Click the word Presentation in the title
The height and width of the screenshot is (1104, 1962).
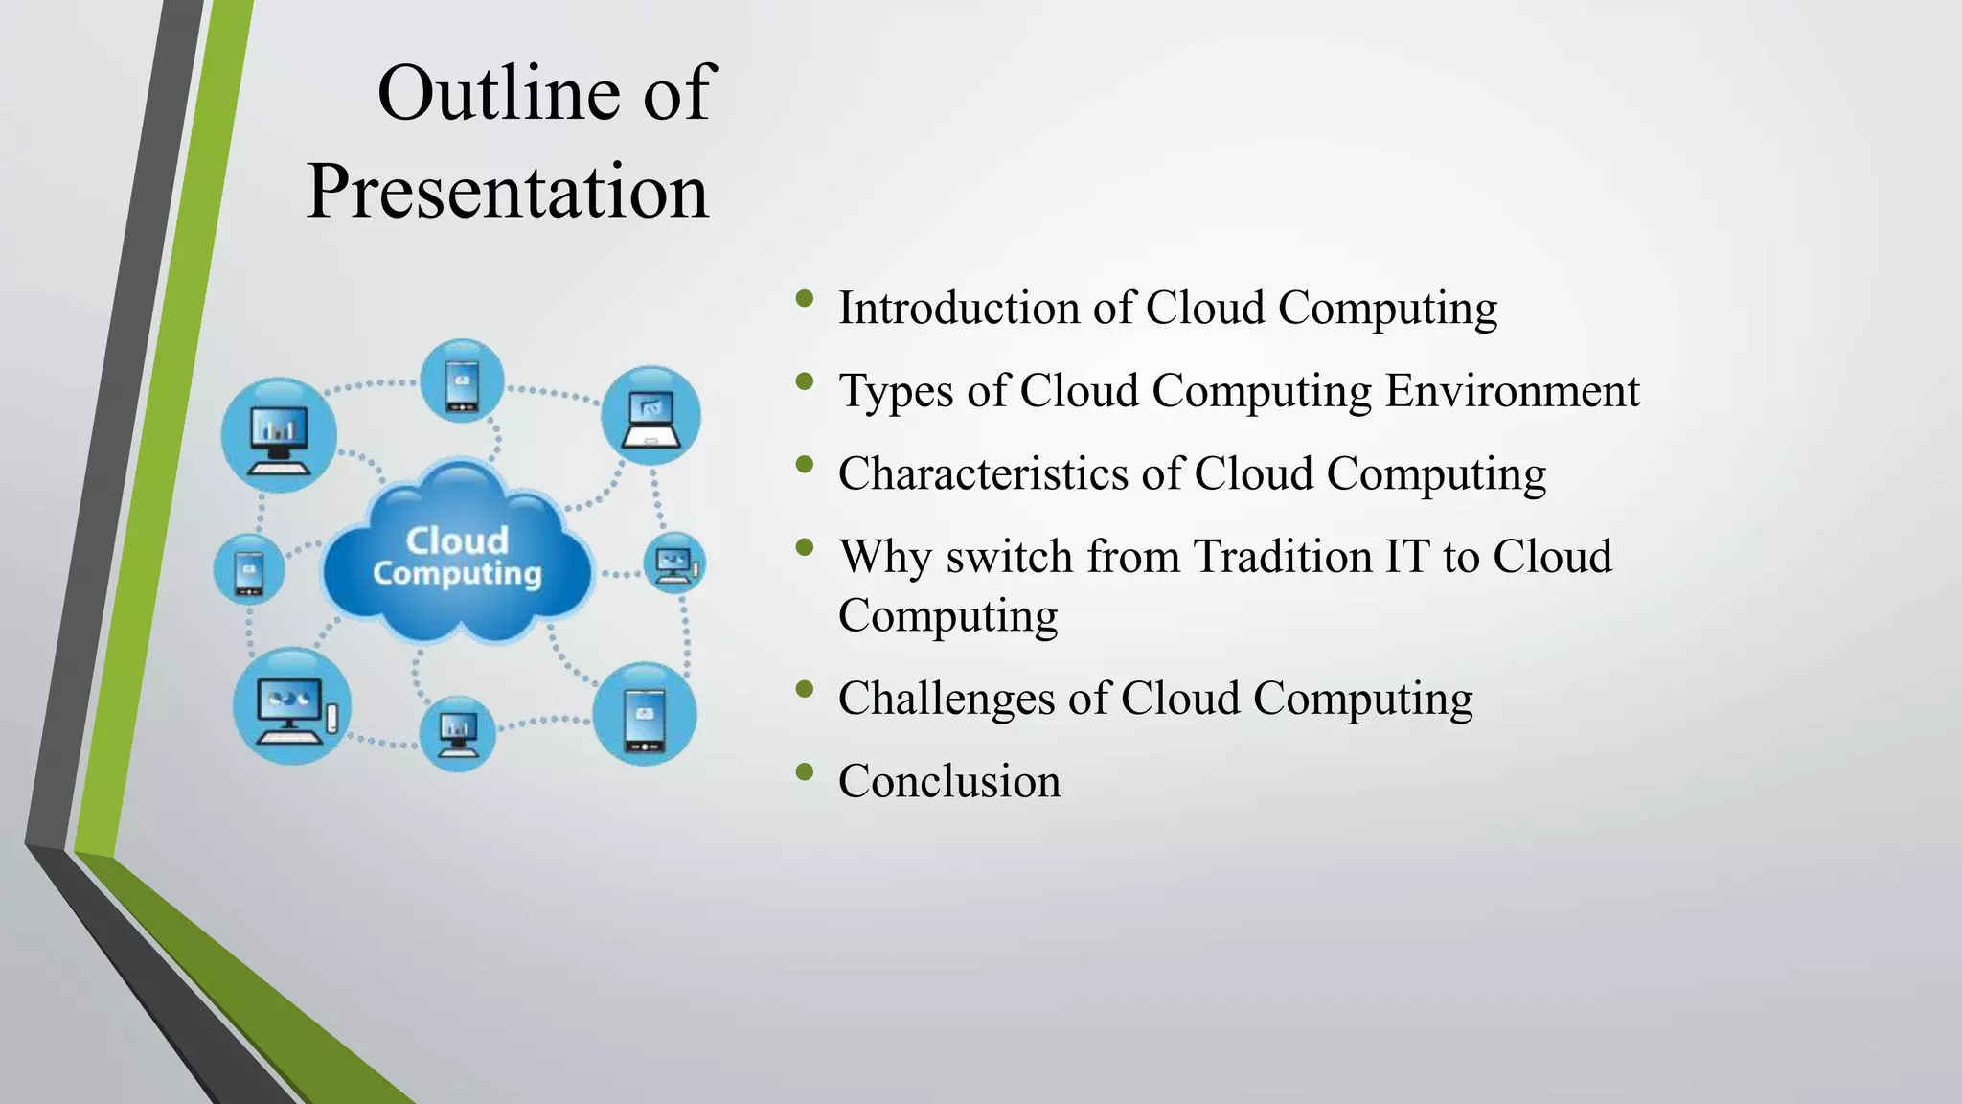tap(508, 192)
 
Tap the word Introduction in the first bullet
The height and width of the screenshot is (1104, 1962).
tap(959, 309)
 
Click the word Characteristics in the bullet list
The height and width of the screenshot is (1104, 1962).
tap(983, 474)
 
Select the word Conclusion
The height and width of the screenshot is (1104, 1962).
tap(949, 781)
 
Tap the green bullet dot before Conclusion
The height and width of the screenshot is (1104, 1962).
tap(804, 771)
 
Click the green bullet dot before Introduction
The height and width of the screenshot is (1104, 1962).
tap(804, 299)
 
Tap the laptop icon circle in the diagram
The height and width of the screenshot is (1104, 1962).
tap(650, 416)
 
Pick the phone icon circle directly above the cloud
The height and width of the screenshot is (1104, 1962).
tap(463, 380)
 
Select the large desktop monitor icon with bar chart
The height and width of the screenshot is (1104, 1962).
tap(279, 435)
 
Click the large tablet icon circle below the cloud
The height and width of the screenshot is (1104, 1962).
tap(644, 714)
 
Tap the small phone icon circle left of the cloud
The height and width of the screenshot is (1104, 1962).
tap(248, 569)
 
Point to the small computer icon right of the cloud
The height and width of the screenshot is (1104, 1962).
tap(674, 563)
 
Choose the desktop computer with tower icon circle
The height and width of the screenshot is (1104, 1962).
tap(292, 707)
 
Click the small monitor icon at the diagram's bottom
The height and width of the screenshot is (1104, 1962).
tap(457, 734)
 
